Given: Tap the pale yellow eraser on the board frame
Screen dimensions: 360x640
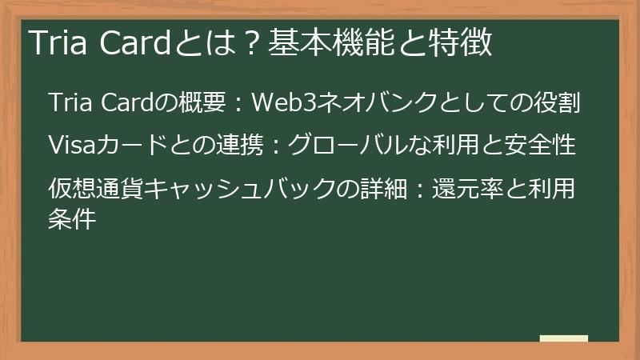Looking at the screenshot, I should (x=563, y=338).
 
